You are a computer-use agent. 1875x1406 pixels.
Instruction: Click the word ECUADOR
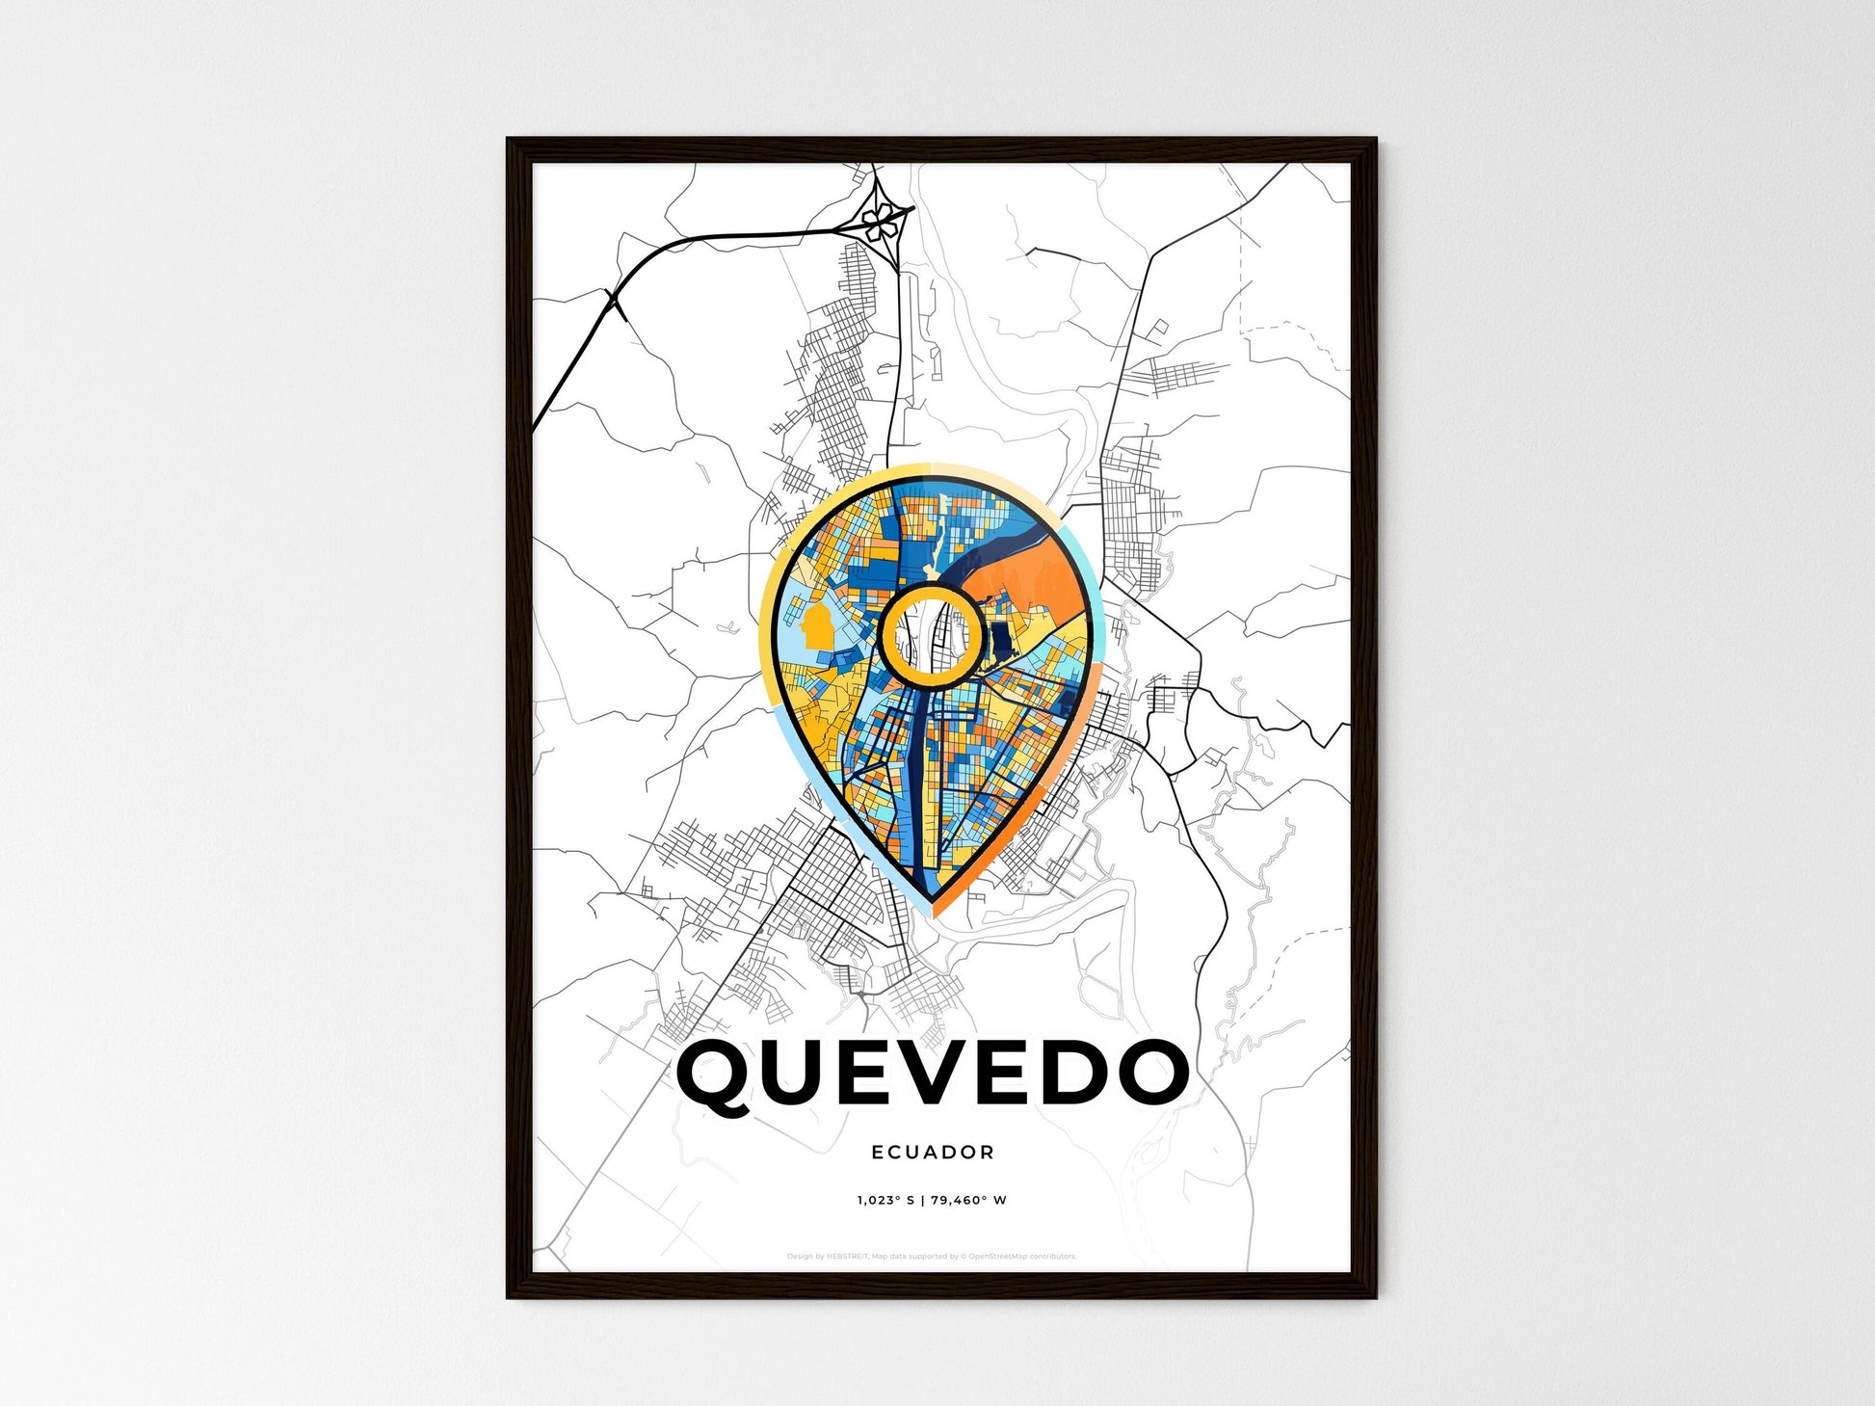point(932,1152)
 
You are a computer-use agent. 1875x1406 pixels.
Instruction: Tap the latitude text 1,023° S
point(884,1201)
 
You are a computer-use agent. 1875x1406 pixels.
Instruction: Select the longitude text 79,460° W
point(969,1201)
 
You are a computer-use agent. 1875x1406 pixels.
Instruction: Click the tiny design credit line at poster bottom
point(931,1257)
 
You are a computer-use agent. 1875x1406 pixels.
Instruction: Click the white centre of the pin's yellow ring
point(931,638)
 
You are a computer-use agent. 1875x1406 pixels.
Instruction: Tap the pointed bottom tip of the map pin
point(931,911)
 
